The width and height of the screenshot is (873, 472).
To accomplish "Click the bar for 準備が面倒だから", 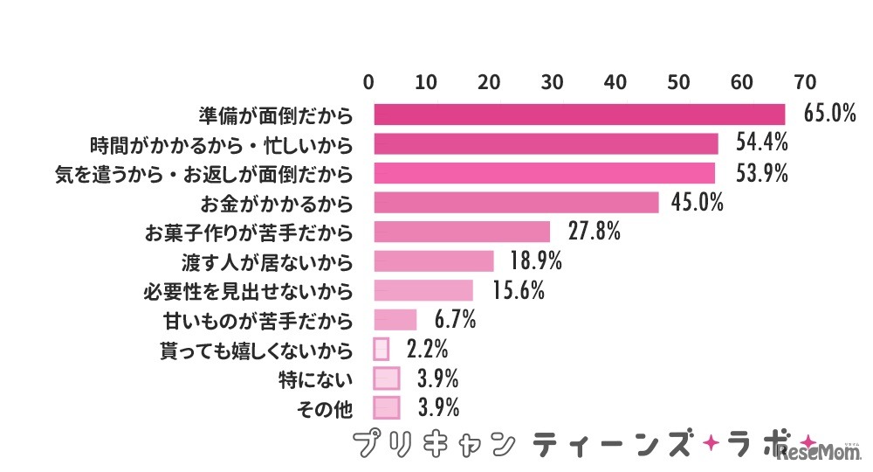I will [x=579, y=115].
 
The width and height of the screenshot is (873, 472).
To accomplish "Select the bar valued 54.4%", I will [x=546, y=143].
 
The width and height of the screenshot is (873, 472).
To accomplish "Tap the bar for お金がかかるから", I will [x=516, y=203].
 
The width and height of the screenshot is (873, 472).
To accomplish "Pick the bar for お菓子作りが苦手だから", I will [x=462, y=232].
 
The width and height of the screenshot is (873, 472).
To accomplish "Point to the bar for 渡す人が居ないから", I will [x=434, y=261].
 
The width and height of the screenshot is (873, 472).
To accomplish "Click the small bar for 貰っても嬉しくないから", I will [x=381, y=350].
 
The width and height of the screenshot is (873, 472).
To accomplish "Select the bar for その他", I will [x=386, y=408].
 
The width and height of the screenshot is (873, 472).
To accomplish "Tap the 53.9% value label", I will [x=761, y=173].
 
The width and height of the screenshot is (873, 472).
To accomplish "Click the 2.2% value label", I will [x=427, y=350].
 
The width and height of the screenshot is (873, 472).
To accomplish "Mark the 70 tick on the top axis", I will [x=804, y=83].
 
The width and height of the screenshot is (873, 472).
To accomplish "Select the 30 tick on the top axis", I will [x=552, y=83].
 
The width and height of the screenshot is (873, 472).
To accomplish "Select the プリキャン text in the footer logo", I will [x=432, y=444].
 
